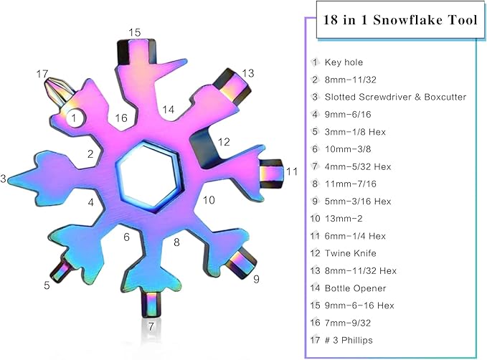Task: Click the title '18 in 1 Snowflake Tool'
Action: (396, 20)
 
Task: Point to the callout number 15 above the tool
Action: (135, 32)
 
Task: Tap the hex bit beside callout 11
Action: (271, 174)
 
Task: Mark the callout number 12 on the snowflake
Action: (223, 142)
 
